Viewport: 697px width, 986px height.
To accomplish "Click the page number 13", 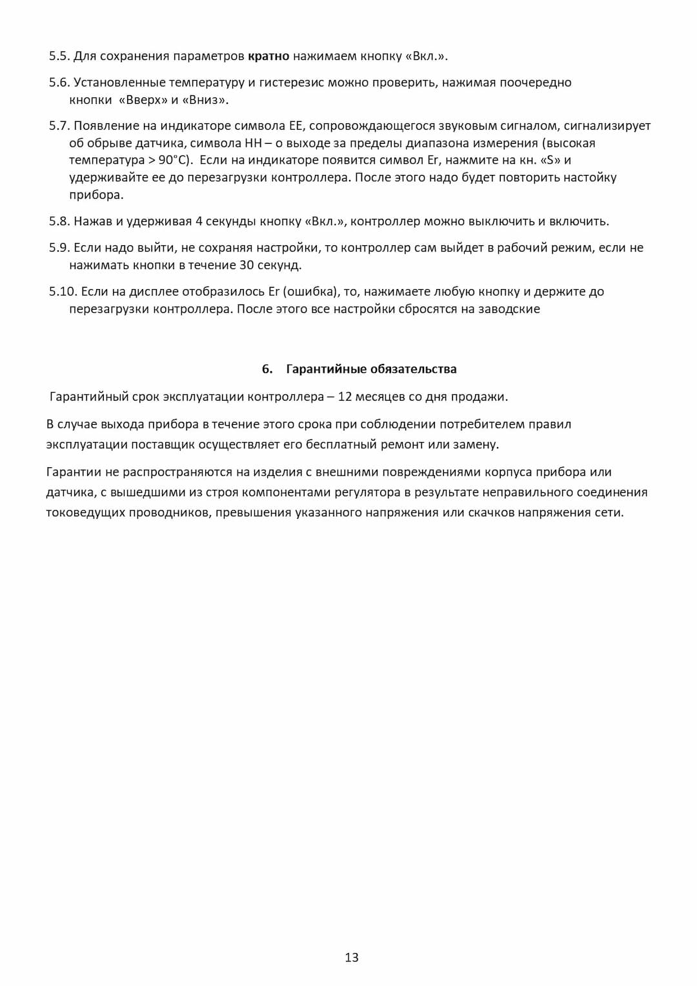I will pyautogui.click(x=351, y=958).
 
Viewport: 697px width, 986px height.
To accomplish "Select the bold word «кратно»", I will pyautogui.click(x=268, y=56).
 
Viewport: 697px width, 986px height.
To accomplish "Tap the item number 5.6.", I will pyautogui.click(x=59, y=83).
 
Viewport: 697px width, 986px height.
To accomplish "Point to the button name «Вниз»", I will pyautogui.click(x=205, y=100).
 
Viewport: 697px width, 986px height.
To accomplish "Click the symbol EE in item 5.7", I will pyautogui.click(x=296, y=126).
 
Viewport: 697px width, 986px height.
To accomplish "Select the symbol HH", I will pyautogui.click(x=253, y=143).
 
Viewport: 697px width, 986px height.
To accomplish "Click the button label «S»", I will pyautogui.click(x=550, y=160).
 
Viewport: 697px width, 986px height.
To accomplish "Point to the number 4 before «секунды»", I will pyautogui.click(x=199, y=221).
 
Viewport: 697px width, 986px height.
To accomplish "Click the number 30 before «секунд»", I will pyautogui.click(x=247, y=265).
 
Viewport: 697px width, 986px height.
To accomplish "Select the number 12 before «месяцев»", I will pyautogui.click(x=345, y=397).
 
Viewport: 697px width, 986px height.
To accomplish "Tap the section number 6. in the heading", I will pyautogui.click(x=267, y=369).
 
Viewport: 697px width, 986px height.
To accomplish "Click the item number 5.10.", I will pyautogui.click(x=63, y=292).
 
